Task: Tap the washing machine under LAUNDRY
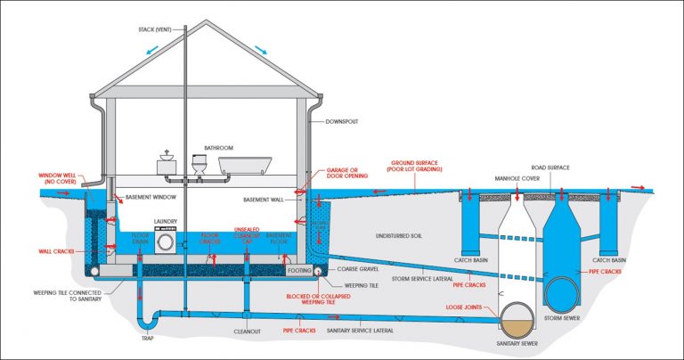point(167,240)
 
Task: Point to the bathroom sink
point(166,164)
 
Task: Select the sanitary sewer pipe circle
point(519,316)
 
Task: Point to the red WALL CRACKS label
point(56,250)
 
